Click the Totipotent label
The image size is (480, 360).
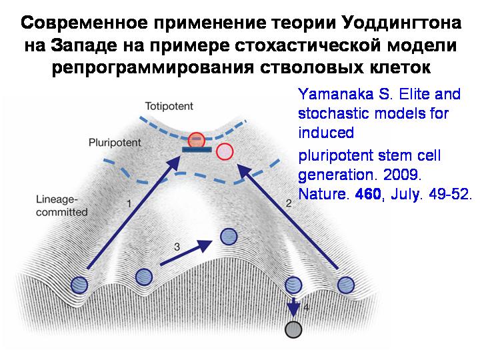click(169, 106)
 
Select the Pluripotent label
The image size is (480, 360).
click(115, 143)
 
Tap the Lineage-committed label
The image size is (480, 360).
click(61, 206)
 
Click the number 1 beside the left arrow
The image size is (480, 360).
click(129, 203)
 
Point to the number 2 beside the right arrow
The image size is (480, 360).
click(289, 203)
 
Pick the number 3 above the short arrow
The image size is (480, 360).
click(177, 247)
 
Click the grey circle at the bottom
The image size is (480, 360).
click(293, 329)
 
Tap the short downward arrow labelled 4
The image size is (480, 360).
click(294, 307)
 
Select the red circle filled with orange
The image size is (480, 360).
click(196, 140)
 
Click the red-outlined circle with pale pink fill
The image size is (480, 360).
click(225, 151)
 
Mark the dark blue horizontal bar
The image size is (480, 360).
click(197, 150)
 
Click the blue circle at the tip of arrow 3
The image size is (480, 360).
click(229, 237)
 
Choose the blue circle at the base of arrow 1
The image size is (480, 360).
click(79, 285)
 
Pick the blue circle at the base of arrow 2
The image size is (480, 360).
click(346, 285)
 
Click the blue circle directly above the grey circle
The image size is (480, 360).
click(293, 285)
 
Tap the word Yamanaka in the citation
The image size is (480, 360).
click(336, 94)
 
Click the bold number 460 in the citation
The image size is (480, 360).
click(367, 194)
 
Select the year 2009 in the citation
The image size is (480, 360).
click(402, 175)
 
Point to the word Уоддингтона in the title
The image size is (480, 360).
click(401, 23)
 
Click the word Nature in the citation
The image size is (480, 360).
click(323, 194)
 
